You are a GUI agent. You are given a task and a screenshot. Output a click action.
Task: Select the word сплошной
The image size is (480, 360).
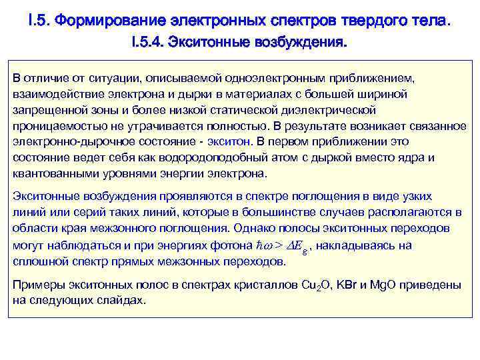coord(37,261)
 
